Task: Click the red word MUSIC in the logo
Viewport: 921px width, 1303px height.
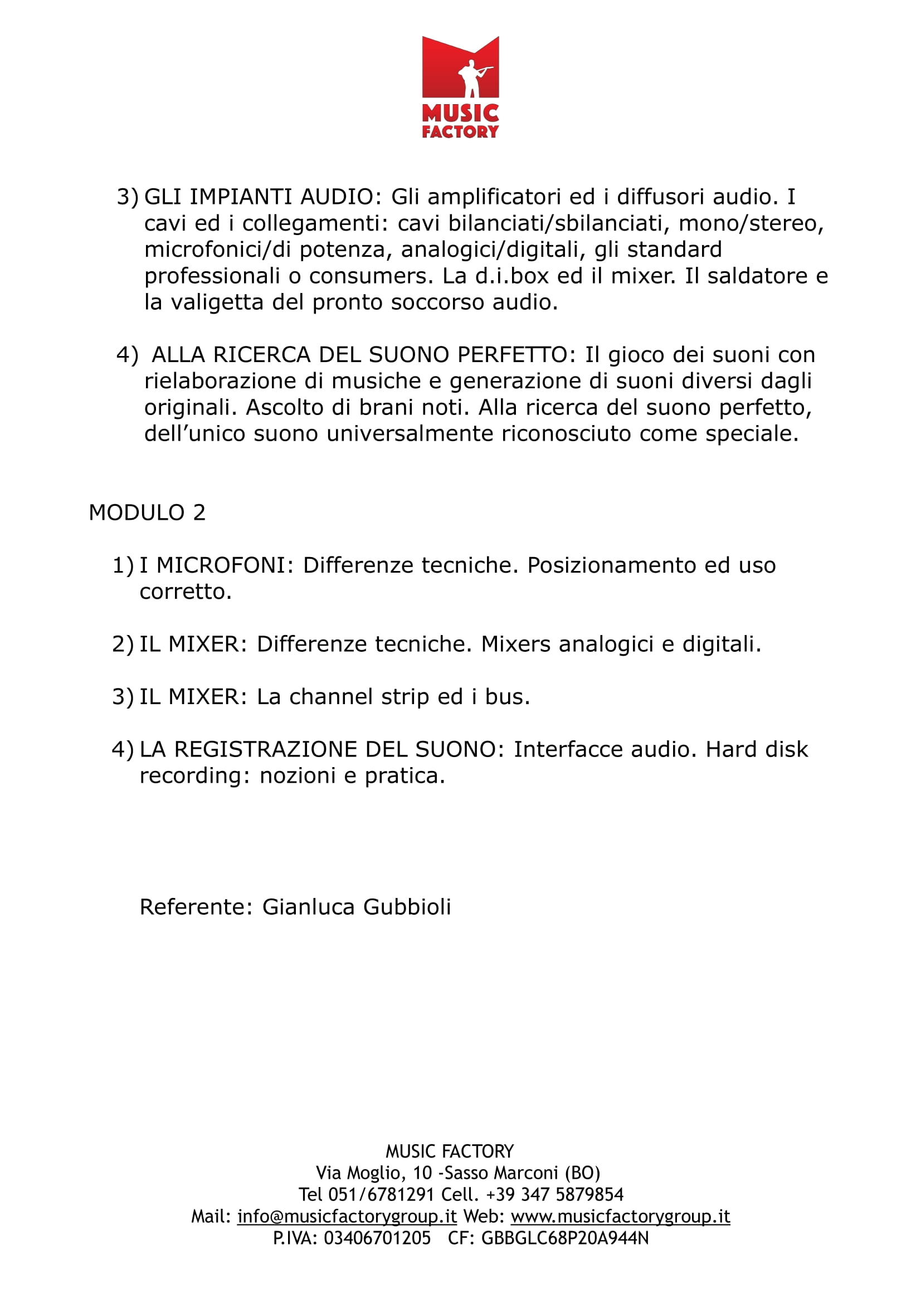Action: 460,113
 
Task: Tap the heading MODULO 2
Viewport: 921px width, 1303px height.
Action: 147,513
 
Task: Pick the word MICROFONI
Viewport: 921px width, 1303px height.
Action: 221,565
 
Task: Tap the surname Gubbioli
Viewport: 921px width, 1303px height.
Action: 407,907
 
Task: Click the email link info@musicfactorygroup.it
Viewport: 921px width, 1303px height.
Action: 347,1216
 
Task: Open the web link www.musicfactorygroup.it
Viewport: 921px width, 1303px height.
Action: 620,1216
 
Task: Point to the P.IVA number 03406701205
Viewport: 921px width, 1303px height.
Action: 377,1238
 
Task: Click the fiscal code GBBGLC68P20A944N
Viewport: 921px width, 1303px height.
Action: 564,1238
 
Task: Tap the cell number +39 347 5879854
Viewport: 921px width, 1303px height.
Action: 554,1194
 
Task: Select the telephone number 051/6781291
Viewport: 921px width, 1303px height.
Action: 381,1194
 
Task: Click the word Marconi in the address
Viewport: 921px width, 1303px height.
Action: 526,1173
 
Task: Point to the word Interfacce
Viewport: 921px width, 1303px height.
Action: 567,749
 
